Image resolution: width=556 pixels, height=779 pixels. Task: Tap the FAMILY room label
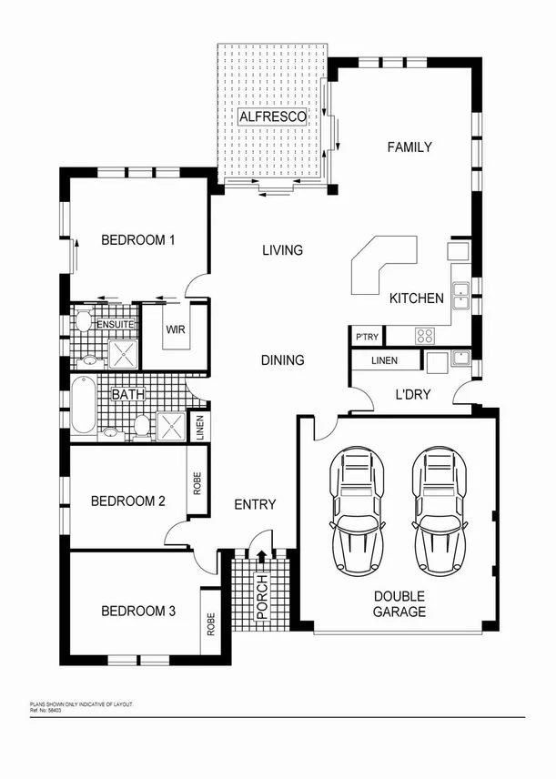pyautogui.click(x=409, y=147)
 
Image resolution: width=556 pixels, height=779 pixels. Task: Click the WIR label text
pyautogui.click(x=176, y=329)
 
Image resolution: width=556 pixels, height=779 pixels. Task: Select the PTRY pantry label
pyautogui.click(x=367, y=337)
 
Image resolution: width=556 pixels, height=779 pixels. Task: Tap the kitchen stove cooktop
pyautogui.click(x=424, y=336)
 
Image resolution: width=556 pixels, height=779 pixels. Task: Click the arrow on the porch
pyautogui.click(x=262, y=556)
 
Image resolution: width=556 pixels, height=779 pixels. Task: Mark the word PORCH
pyautogui.click(x=262, y=597)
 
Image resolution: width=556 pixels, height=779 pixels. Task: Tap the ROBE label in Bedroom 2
pyautogui.click(x=197, y=483)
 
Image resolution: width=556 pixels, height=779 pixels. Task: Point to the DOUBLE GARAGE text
pyautogui.click(x=399, y=604)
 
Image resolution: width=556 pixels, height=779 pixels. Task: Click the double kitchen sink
pyautogui.click(x=461, y=292)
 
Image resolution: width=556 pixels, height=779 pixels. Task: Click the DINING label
pyautogui.click(x=282, y=360)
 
